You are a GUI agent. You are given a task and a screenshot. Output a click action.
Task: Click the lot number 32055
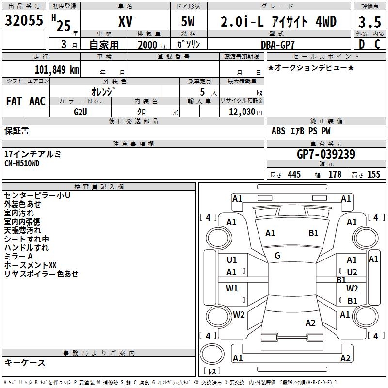point(24,20)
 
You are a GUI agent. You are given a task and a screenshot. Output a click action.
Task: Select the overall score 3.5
point(370,22)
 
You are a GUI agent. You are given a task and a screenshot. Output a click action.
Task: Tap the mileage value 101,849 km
point(57,70)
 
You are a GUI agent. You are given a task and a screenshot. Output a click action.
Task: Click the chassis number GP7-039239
point(326,154)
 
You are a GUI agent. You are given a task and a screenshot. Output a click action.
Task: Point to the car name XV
point(126,21)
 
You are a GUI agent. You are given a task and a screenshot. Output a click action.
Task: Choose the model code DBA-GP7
point(278,45)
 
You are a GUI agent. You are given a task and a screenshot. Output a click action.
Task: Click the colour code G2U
point(81,112)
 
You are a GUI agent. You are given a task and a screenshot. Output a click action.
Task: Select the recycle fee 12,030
point(242,112)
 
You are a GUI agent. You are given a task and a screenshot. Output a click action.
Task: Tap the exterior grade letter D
point(362,44)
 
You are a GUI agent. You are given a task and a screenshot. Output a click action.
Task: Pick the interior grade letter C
point(377,44)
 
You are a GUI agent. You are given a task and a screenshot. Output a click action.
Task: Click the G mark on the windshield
point(277,256)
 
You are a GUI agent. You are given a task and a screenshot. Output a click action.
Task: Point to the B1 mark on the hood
point(313,233)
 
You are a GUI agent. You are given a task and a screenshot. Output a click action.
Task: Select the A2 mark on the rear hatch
point(310,323)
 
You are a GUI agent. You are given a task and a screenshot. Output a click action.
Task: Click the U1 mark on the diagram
point(232,260)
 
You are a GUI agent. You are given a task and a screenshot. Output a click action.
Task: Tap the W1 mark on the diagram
point(232,288)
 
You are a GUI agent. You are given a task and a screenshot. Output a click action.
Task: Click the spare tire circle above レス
point(212,354)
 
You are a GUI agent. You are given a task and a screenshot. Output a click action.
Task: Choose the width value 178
point(335,174)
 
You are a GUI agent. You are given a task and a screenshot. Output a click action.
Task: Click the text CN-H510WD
point(22,163)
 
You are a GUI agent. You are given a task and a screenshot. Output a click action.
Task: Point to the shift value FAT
point(14,101)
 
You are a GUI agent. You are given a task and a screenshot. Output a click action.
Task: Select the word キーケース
point(25,363)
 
